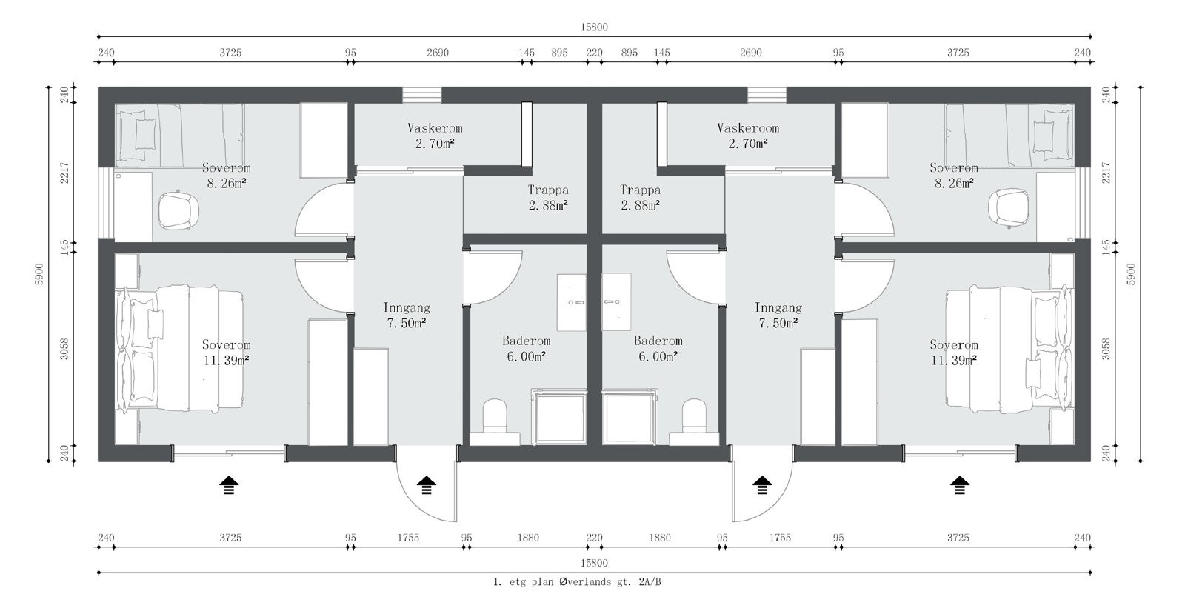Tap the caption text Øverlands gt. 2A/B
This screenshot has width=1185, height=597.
click(x=610, y=582)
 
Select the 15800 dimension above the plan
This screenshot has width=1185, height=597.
click(x=594, y=27)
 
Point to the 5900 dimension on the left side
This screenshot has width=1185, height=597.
click(x=39, y=274)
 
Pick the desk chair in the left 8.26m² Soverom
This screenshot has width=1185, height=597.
click(x=178, y=210)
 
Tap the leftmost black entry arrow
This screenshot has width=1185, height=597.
click(x=229, y=485)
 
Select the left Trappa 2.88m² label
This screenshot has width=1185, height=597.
click(x=548, y=198)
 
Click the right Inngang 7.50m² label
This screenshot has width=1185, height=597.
click(x=778, y=316)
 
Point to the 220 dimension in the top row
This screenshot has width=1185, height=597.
click(x=594, y=53)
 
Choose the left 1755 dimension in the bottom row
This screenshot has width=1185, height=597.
click(x=408, y=538)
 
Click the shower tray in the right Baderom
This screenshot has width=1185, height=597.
click(x=630, y=417)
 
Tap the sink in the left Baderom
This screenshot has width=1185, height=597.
click(x=571, y=302)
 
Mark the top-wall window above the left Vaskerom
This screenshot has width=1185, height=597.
click(x=421, y=96)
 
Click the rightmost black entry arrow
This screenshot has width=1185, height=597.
click(x=959, y=485)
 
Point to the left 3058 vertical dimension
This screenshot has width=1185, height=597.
click(x=64, y=350)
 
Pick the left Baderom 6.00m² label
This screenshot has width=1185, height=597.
click(x=527, y=349)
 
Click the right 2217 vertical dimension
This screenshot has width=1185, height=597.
click(x=1106, y=172)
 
